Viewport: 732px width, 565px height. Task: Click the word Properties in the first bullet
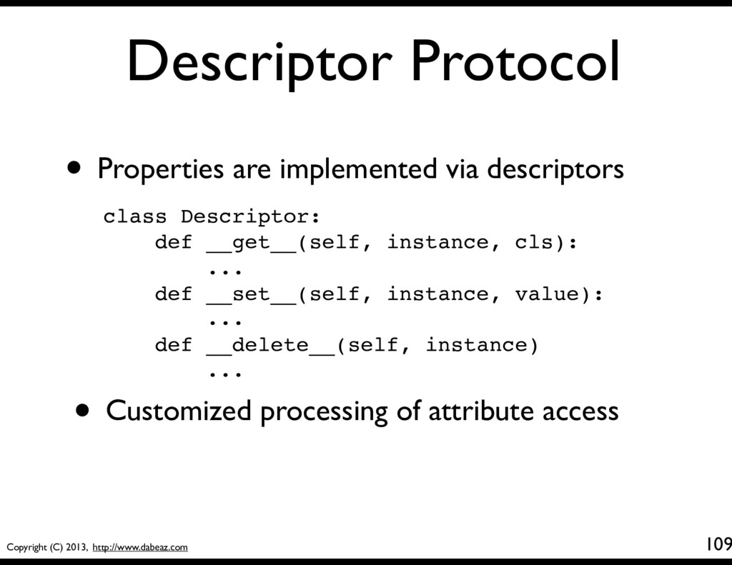pos(161,169)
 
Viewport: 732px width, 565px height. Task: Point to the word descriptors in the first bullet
pos(555,169)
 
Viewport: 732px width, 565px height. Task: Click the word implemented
pos(359,169)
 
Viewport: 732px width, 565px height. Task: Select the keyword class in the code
pos(135,216)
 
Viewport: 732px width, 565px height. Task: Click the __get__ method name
pos(251,243)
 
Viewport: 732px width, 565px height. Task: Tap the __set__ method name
pos(251,294)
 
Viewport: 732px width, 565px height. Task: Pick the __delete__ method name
pos(270,346)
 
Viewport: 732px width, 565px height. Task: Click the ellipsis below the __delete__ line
pos(225,374)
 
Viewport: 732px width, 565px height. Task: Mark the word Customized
pos(179,411)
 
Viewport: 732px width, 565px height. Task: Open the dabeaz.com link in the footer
pos(140,547)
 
